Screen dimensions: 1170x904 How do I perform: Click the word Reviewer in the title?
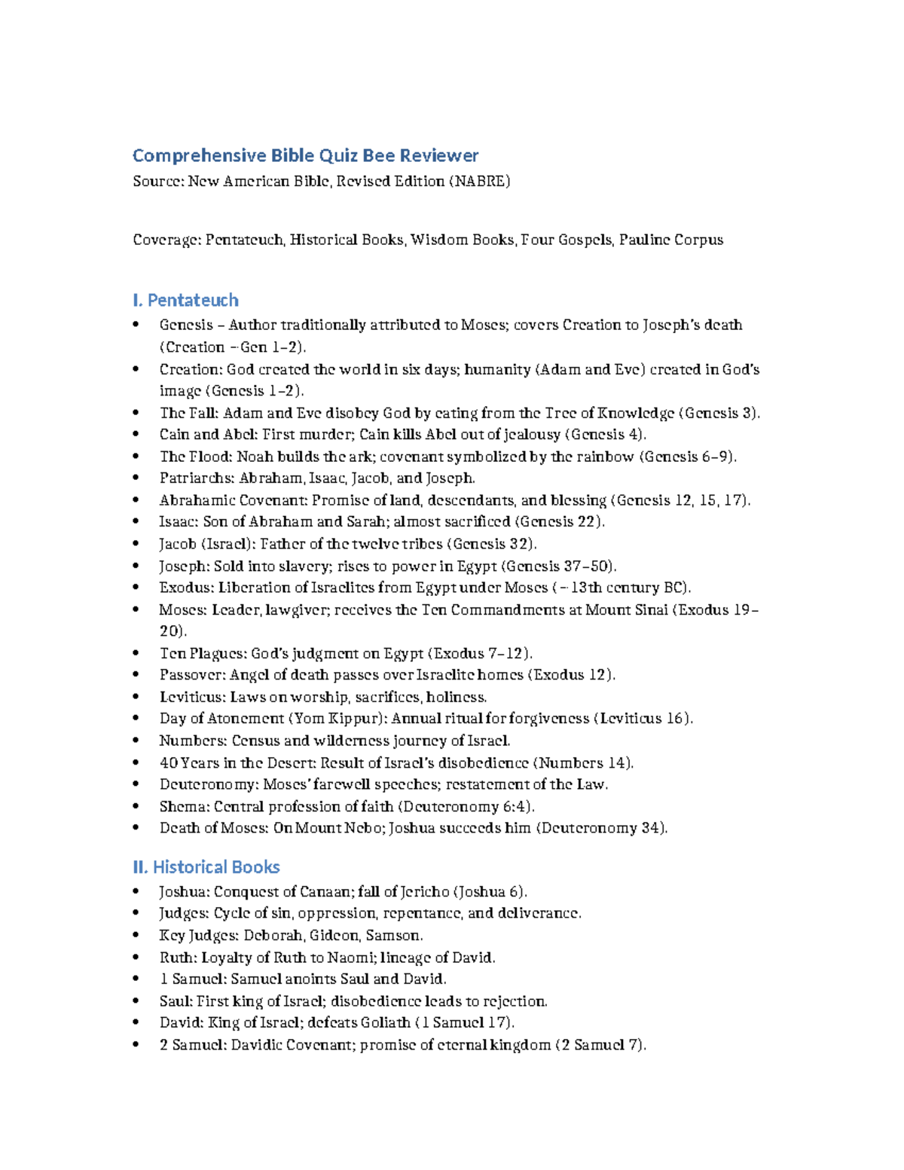[x=438, y=156]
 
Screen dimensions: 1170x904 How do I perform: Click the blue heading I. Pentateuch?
[x=185, y=301]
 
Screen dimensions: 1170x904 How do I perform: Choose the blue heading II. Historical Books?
[x=206, y=867]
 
